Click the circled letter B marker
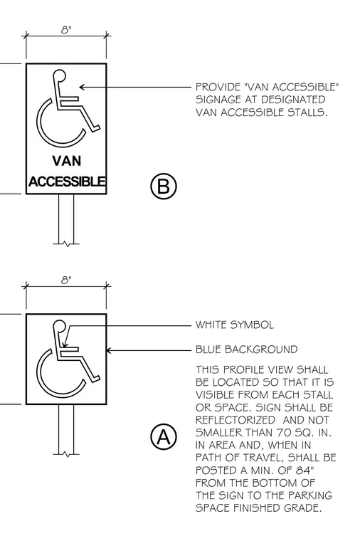[x=164, y=186]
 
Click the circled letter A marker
[x=164, y=437]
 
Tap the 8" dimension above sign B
[x=66, y=30]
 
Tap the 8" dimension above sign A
[x=66, y=280]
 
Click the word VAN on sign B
[x=67, y=161]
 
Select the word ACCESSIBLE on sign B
[x=67, y=181]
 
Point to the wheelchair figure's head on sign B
[x=59, y=75]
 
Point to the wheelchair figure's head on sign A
[x=59, y=326]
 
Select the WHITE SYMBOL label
[x=235, y=325]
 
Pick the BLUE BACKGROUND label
[x=246, y=350]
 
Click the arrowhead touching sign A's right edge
[x=109, y=350]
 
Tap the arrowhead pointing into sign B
[x=83, y=87]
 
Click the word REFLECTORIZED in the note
[x=235, y=420]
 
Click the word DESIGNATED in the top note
[x=293, y=100]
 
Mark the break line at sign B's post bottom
[x=66, y=244]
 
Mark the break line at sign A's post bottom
[x=66, y=454]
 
